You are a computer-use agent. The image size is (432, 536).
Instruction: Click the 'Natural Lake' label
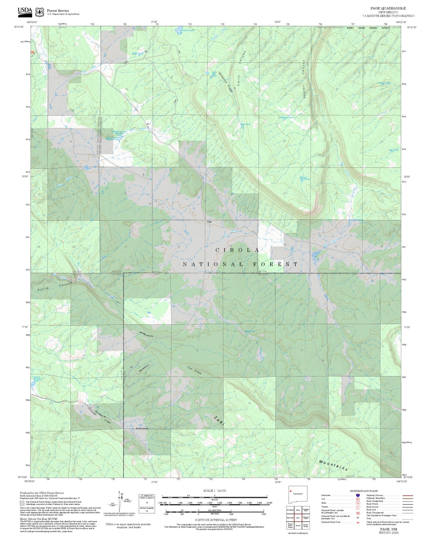click(x=188, y=30)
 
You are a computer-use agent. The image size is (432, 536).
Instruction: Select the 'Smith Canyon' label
click(x=241, y=68)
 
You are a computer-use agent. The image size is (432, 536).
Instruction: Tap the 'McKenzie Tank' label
click(x=286, y=117)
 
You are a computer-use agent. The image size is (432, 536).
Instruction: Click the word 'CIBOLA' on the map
click(x=237, y=250)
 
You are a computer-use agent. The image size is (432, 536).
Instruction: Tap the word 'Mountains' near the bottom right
click(x=333, y=465)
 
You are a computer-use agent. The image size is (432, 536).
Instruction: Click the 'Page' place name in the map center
click(x=209, y=222)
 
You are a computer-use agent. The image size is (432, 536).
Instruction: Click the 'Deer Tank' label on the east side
click(x=393, y=150)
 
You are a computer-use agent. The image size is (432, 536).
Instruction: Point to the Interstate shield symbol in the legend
click(x=358, y=495)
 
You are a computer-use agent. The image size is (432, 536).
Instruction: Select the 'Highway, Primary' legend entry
click(x=375, y=495)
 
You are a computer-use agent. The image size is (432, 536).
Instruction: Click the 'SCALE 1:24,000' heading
click(x=214, y=491)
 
